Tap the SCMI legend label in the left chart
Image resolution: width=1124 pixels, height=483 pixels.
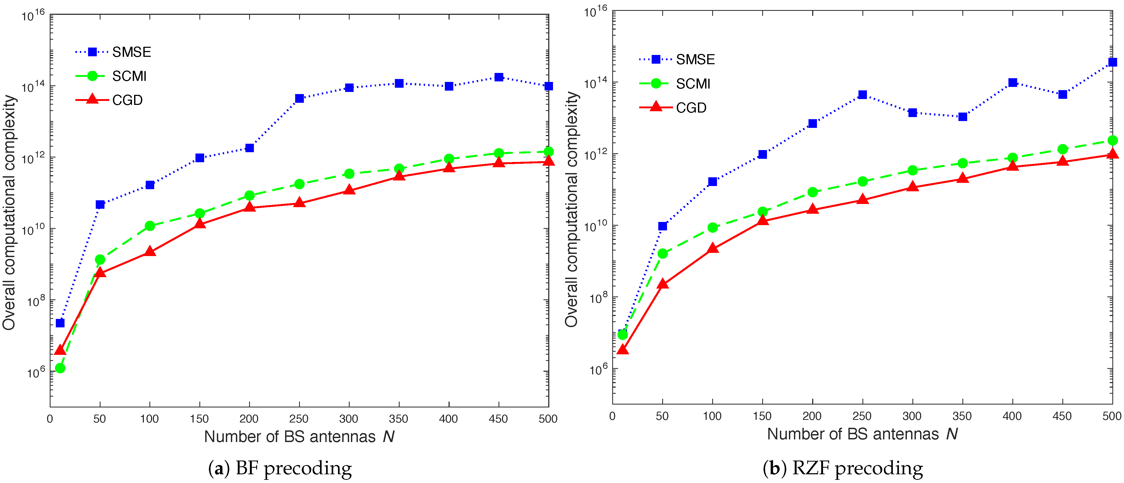click(x=129, y=76)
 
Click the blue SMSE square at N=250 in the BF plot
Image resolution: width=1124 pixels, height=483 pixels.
click(x=299, y=99)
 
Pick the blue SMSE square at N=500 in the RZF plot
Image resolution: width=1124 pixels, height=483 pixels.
click(x=1112, y=62)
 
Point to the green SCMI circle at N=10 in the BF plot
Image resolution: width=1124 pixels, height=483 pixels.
click(x=60, y=368)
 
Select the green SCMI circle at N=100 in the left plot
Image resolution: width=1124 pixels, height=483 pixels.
click(x=150, y=226)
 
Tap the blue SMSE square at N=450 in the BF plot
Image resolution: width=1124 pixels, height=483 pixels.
click(x=499, y=77)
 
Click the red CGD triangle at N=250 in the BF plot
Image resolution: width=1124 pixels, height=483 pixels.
click(x=299, y=203)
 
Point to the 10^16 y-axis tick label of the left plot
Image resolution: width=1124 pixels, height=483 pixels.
click(x=33, y=16)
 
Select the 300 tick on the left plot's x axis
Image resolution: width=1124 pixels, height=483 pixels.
click(x=349, y=419)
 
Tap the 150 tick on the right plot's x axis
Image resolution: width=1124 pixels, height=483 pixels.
click(x=762, y=416)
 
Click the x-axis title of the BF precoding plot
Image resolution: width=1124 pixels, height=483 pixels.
click(x=299, y=436)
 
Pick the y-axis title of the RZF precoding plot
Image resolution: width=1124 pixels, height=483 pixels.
click(x=571, y=209)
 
